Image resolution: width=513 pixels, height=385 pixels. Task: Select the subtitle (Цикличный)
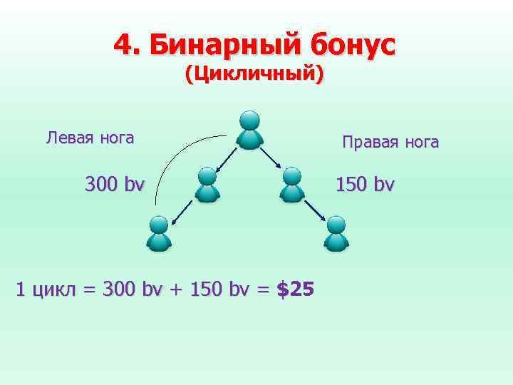254,73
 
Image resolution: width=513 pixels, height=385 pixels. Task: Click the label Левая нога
90,138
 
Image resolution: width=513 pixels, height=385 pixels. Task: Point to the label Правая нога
390,143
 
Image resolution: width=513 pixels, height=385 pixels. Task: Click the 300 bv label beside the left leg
114,185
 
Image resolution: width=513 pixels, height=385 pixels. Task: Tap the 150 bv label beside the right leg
364,185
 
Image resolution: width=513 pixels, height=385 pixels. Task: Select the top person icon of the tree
249,130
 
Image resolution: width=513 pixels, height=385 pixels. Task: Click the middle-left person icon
207,185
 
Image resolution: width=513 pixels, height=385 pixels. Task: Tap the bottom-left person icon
159,233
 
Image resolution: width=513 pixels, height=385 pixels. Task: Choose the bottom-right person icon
336,233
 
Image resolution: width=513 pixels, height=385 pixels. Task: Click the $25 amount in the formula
294,289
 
